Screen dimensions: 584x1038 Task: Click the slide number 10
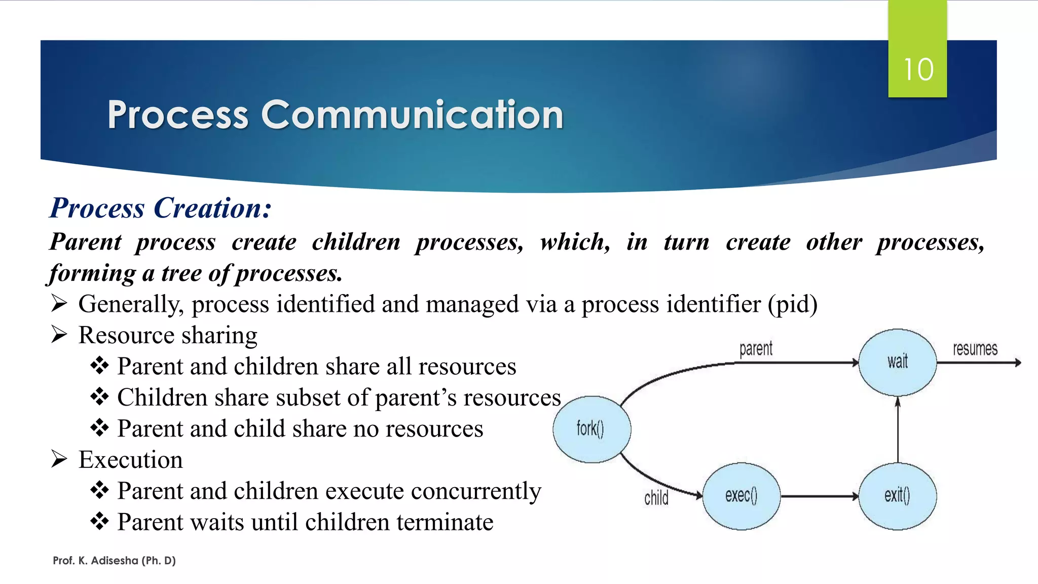918,69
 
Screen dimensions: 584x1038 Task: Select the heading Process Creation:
161,208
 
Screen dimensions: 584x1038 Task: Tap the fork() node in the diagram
591,429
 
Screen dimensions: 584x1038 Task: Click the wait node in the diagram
898,362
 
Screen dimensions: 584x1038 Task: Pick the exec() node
741,496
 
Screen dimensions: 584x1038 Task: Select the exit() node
897,496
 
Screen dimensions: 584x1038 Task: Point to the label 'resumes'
975,349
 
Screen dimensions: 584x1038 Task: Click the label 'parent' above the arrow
756,349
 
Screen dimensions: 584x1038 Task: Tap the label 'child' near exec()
656,498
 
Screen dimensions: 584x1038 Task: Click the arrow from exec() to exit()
819,496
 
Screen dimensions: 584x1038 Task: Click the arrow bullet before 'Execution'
59,459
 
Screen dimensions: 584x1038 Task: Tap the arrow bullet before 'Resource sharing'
59,335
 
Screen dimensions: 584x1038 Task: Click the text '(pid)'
792,304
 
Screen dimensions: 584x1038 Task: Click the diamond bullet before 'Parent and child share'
99,428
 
